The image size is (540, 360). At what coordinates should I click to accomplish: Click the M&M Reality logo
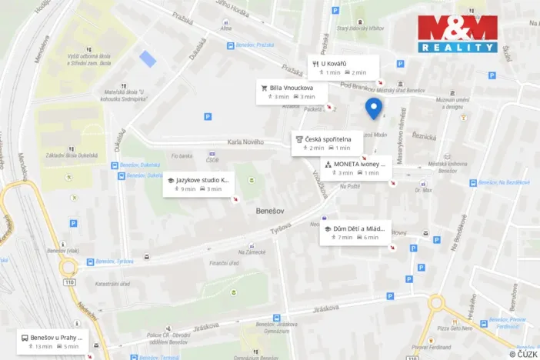[x=457, y=34]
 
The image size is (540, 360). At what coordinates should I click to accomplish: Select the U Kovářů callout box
[x=345, y=67]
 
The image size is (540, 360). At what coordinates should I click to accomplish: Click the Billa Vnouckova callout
[x=294, y=92]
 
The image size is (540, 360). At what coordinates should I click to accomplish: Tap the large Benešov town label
[x=271, y=209]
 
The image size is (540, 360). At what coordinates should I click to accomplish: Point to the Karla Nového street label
[x=245, y=142]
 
